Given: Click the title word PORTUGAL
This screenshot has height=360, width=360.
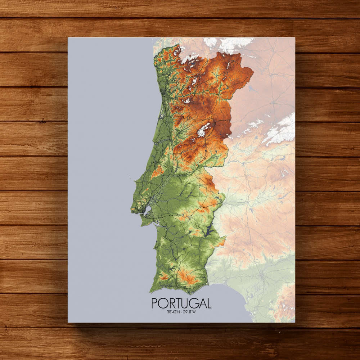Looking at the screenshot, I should tap(181, 303).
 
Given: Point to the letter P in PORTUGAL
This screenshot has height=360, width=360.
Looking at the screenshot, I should tap(155, 303).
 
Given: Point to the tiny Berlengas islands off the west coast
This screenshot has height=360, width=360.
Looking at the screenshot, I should tap(129, 176).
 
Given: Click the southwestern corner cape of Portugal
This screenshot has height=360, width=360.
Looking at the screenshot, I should tap(150, 290).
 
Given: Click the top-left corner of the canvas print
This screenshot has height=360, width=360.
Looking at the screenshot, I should tap(68, 37).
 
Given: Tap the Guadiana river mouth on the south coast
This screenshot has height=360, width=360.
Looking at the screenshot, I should tap(209, 284).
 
